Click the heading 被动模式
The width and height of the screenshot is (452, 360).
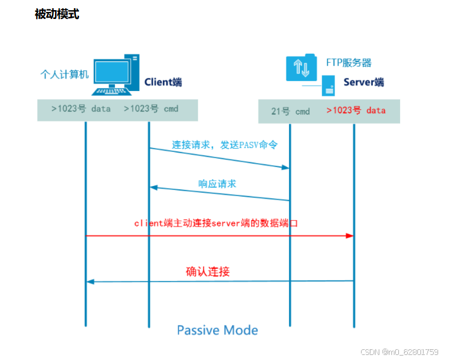click(x=57, y=15)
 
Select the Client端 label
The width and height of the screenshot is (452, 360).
click(x=163, y=82)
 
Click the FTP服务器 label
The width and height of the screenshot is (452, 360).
click(x=348, y=63)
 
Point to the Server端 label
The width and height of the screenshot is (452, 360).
click(x=363, y=82)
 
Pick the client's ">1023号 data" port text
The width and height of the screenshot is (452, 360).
click(x=81, y=109)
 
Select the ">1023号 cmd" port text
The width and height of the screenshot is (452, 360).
click(x=151, y=109)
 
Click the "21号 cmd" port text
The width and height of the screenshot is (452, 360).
click(x=291, y=111)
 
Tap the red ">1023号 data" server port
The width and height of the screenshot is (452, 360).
click(x=356, y=111)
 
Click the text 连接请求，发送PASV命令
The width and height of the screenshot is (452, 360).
click(x=224, y=145)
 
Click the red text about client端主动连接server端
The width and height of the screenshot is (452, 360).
click(x=216, y=223)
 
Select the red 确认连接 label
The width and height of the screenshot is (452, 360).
click(x=207, y=272)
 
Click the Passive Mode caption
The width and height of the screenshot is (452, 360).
click(x=217, y=330)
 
